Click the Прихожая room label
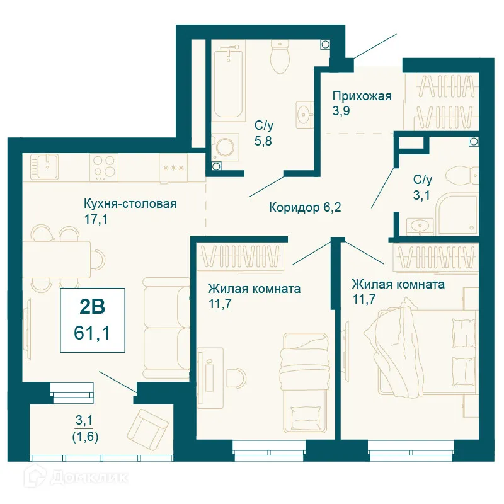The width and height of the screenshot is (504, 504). [362, 96]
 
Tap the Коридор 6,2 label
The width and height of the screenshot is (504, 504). [305, 207]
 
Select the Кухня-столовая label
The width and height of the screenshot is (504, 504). [130, 203]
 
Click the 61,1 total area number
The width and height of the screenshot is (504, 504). [92, 333]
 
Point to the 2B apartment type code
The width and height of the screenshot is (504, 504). [92, 307]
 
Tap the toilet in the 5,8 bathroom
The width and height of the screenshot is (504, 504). [280, 56]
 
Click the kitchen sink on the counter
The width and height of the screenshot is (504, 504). [44, 166]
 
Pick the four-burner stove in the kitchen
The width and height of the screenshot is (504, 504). [104, 167]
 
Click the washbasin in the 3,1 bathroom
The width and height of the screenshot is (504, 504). [420, 226]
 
